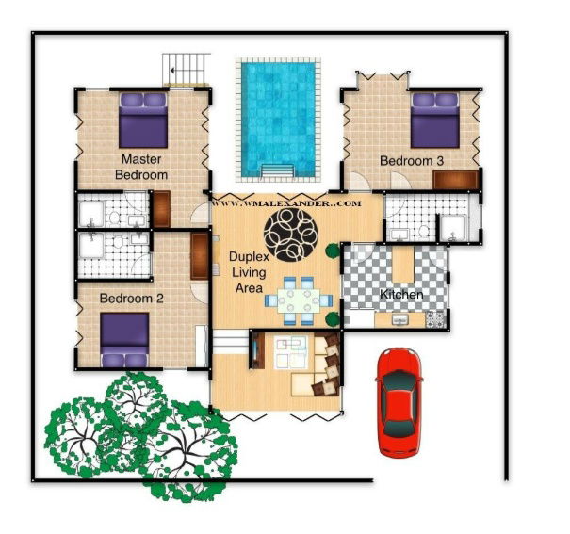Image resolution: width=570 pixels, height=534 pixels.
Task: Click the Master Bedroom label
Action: point(141,167)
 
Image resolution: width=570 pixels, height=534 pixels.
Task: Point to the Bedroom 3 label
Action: point(411,161)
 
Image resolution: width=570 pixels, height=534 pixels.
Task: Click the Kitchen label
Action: point(400,295)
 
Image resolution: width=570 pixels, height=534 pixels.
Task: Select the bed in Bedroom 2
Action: point(124,339)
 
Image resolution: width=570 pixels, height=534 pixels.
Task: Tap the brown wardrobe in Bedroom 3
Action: point(464,179)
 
